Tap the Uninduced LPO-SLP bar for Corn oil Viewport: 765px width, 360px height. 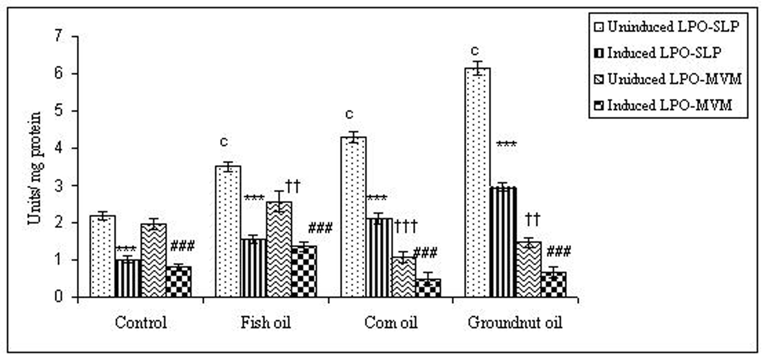coord(353,217)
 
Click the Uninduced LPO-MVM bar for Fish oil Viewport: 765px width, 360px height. coord(279,249)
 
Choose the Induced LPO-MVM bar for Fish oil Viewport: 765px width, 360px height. coord(304,271)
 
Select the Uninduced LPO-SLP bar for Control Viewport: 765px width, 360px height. coord(103,256)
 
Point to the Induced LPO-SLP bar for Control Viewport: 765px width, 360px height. coord(128,278)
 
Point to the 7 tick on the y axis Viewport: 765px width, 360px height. coord(59,36)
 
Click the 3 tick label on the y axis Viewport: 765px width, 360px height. coord(59,185)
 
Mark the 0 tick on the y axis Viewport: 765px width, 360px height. coord(59,297)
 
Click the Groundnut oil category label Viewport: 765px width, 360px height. coord(515,322)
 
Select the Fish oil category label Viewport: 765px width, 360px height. coord(266,322)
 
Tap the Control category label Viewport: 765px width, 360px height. coord(141,322)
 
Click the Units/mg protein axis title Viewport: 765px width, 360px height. coord(35,168)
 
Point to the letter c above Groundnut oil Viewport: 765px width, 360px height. coord(475,51)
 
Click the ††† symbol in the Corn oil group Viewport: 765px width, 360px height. coord(405,227)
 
